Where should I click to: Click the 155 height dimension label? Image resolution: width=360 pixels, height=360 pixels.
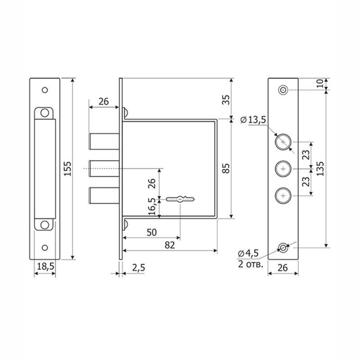[x=67, y=169]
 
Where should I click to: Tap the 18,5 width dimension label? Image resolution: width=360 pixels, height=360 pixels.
[x=45, y=266]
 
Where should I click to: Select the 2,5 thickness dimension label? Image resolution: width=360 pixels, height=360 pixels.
[x=139, y=268]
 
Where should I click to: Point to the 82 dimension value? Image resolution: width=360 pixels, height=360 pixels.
[x=170, y=245]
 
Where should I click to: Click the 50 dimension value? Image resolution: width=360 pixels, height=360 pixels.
[x=152, y=233]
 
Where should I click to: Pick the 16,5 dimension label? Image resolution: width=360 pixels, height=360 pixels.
[x=152, y=207]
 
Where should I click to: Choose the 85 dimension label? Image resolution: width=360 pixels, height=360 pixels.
[x=226, y=168]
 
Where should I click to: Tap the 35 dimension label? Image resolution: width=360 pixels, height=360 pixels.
[x=226, y=100]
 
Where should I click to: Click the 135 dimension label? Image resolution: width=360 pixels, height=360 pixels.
[x=320, y=169]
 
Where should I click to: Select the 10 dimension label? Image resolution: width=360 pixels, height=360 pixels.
[x=320, y=83]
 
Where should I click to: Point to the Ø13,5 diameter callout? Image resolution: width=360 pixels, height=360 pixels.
[x=253, y=120]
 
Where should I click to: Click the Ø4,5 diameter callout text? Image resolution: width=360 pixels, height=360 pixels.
[x=248, y=253]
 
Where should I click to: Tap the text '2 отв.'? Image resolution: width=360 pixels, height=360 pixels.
[x=251, y=264]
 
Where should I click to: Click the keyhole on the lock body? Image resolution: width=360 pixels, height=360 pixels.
[x=180, y=199]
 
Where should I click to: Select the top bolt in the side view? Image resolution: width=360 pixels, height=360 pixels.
[x=104, y=141]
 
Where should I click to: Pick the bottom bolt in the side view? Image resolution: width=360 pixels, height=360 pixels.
[x=104, y=196]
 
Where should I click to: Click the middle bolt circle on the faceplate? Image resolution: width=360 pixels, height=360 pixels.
[x=283, y=169]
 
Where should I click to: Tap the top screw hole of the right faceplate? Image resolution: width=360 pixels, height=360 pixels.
[x=283, y=90]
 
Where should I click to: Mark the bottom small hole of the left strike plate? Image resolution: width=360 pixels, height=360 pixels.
[x=45, y=248]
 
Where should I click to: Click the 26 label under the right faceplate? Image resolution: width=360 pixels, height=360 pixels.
[x=283, y=268]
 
